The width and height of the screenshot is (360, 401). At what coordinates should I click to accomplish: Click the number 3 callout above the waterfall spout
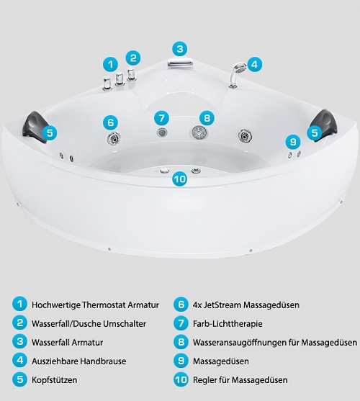[x=180, y=49]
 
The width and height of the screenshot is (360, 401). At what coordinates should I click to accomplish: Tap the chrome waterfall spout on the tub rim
[x=180, y=63]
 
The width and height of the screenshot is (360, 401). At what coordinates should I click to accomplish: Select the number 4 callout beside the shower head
[x=254, y=64]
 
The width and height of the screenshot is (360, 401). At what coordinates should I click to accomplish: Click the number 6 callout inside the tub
[x=110, y=122]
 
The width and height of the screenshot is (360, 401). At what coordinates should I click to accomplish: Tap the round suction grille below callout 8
[x=199, y=132]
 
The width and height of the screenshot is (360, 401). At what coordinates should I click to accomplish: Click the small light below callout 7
[x=162, y=132]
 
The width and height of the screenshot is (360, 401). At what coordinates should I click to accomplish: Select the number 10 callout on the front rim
[x=180, y=179]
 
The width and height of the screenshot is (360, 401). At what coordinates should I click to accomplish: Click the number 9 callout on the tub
[x=293, y=142]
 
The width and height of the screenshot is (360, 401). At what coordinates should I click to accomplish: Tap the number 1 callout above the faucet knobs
[x=110, y=64]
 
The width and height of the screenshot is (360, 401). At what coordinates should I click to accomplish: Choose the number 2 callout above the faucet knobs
[x=133, y=58]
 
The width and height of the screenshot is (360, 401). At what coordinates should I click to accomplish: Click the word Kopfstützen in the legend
[x=54, y=380]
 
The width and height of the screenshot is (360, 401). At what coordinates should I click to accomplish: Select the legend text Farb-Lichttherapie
[x=228, y=323]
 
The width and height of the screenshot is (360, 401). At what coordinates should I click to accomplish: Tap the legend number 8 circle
[x=181, y=342]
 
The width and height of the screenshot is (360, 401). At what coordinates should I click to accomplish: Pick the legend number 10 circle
[x=181, y=379]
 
